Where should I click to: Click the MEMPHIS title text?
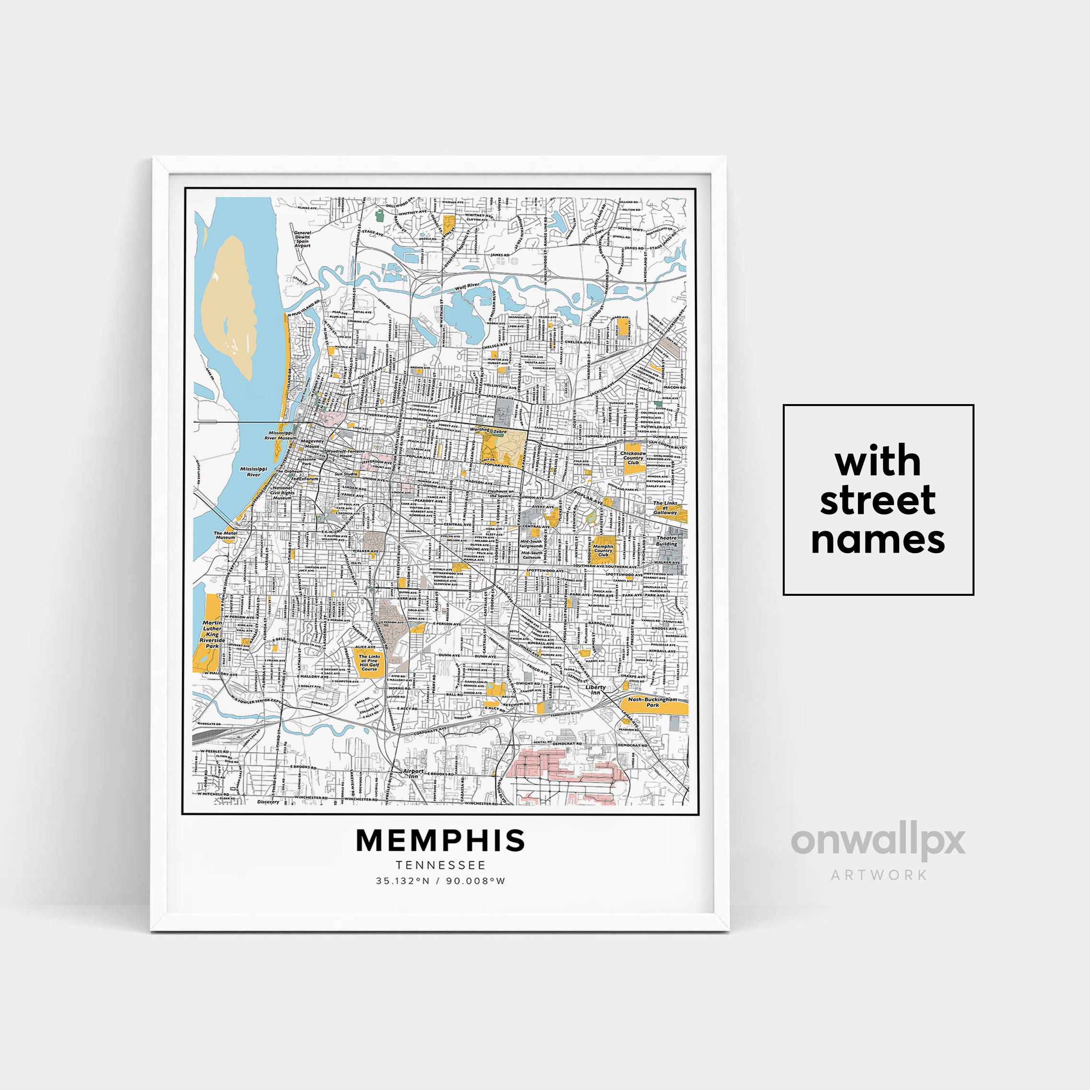[x=441, y=841]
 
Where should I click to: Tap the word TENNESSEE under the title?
[x=441, y=865]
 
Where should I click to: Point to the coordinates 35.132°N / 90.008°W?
[x=441, y=881]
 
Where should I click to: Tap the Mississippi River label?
[x=253, y=471]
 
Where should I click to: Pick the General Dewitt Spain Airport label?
[x=302, y=239]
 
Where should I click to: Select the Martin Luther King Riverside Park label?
[x=212, y=635]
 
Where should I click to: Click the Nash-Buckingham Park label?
[x=652, y=702]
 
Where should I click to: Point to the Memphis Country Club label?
[x=603, y=550]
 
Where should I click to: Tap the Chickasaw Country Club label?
[x=633, y=458]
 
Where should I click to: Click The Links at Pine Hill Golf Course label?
[x=370, y=662]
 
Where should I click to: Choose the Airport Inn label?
[x=413, y=774]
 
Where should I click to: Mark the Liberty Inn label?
[x=595, y=689]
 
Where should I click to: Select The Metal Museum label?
[x=225, y=535]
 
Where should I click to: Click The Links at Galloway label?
[x=665, y=508]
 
